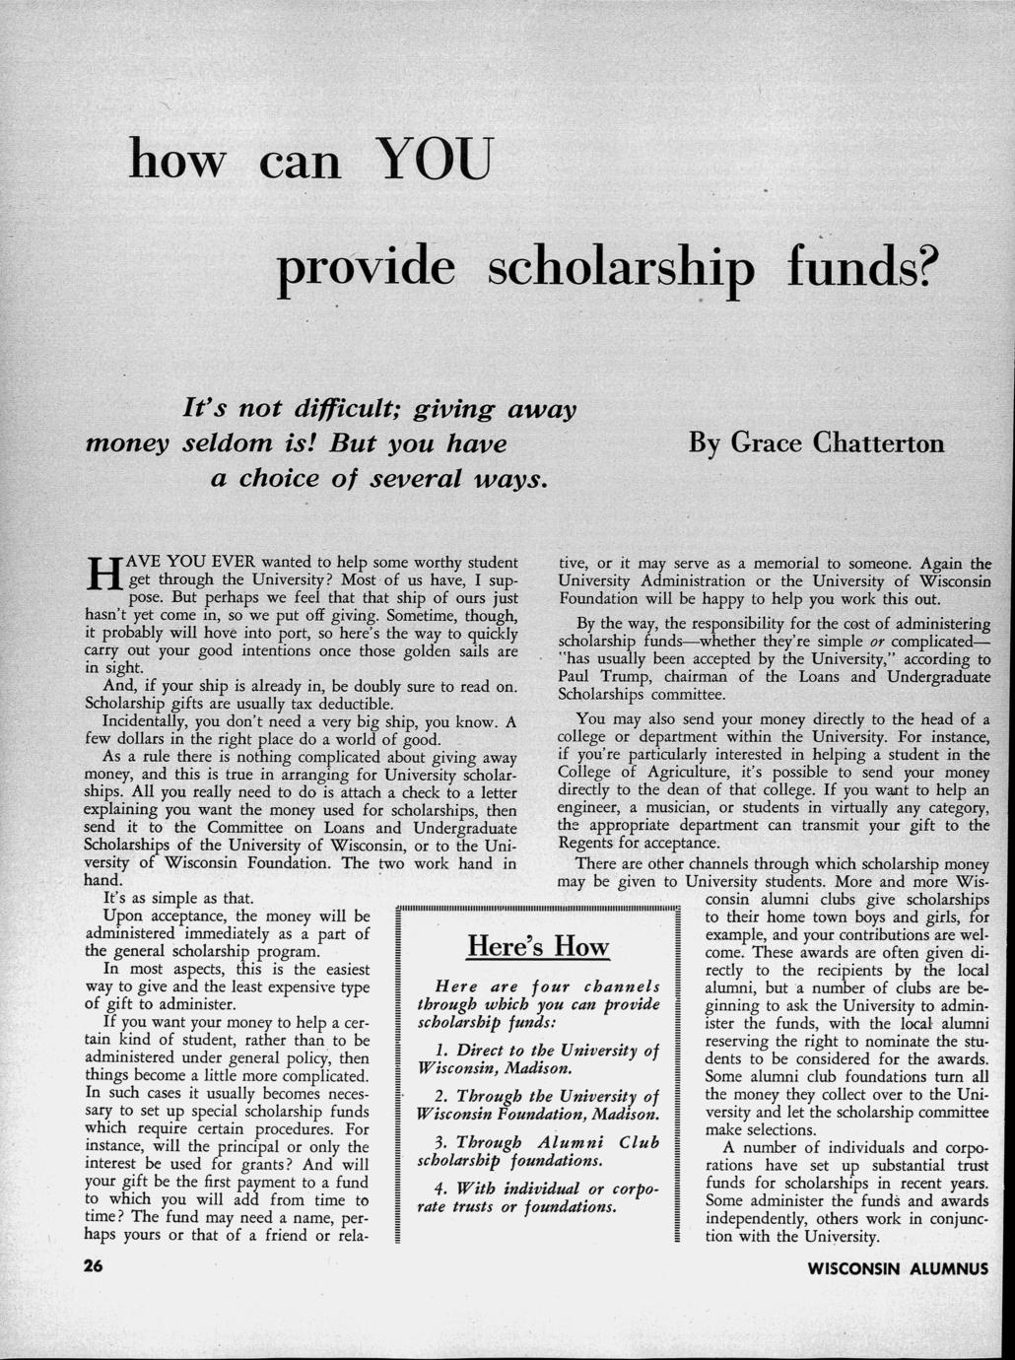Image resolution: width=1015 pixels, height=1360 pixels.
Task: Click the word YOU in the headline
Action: point(433,158)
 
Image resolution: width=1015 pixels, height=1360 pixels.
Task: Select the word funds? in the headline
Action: point(856,264)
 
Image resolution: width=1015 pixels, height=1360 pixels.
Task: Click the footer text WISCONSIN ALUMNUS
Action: point(897,1268)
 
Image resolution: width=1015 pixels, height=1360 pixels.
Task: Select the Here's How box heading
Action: point(537,947)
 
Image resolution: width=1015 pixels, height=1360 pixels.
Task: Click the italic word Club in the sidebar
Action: point(639,1142)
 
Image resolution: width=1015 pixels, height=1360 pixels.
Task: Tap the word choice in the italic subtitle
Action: point(272,479)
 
